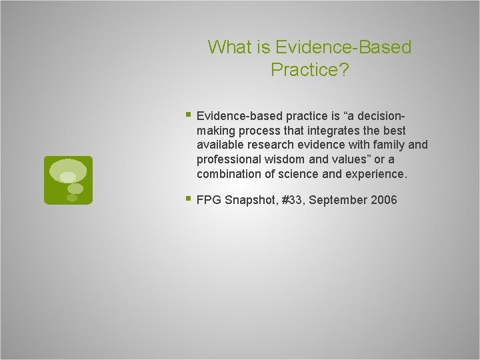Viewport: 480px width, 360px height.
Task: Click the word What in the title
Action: pos(228,47)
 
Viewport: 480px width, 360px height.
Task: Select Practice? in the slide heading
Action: pos(309,69)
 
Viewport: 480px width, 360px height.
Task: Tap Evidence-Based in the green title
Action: pos(344,47)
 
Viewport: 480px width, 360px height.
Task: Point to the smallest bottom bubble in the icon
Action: pos(71,197)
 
